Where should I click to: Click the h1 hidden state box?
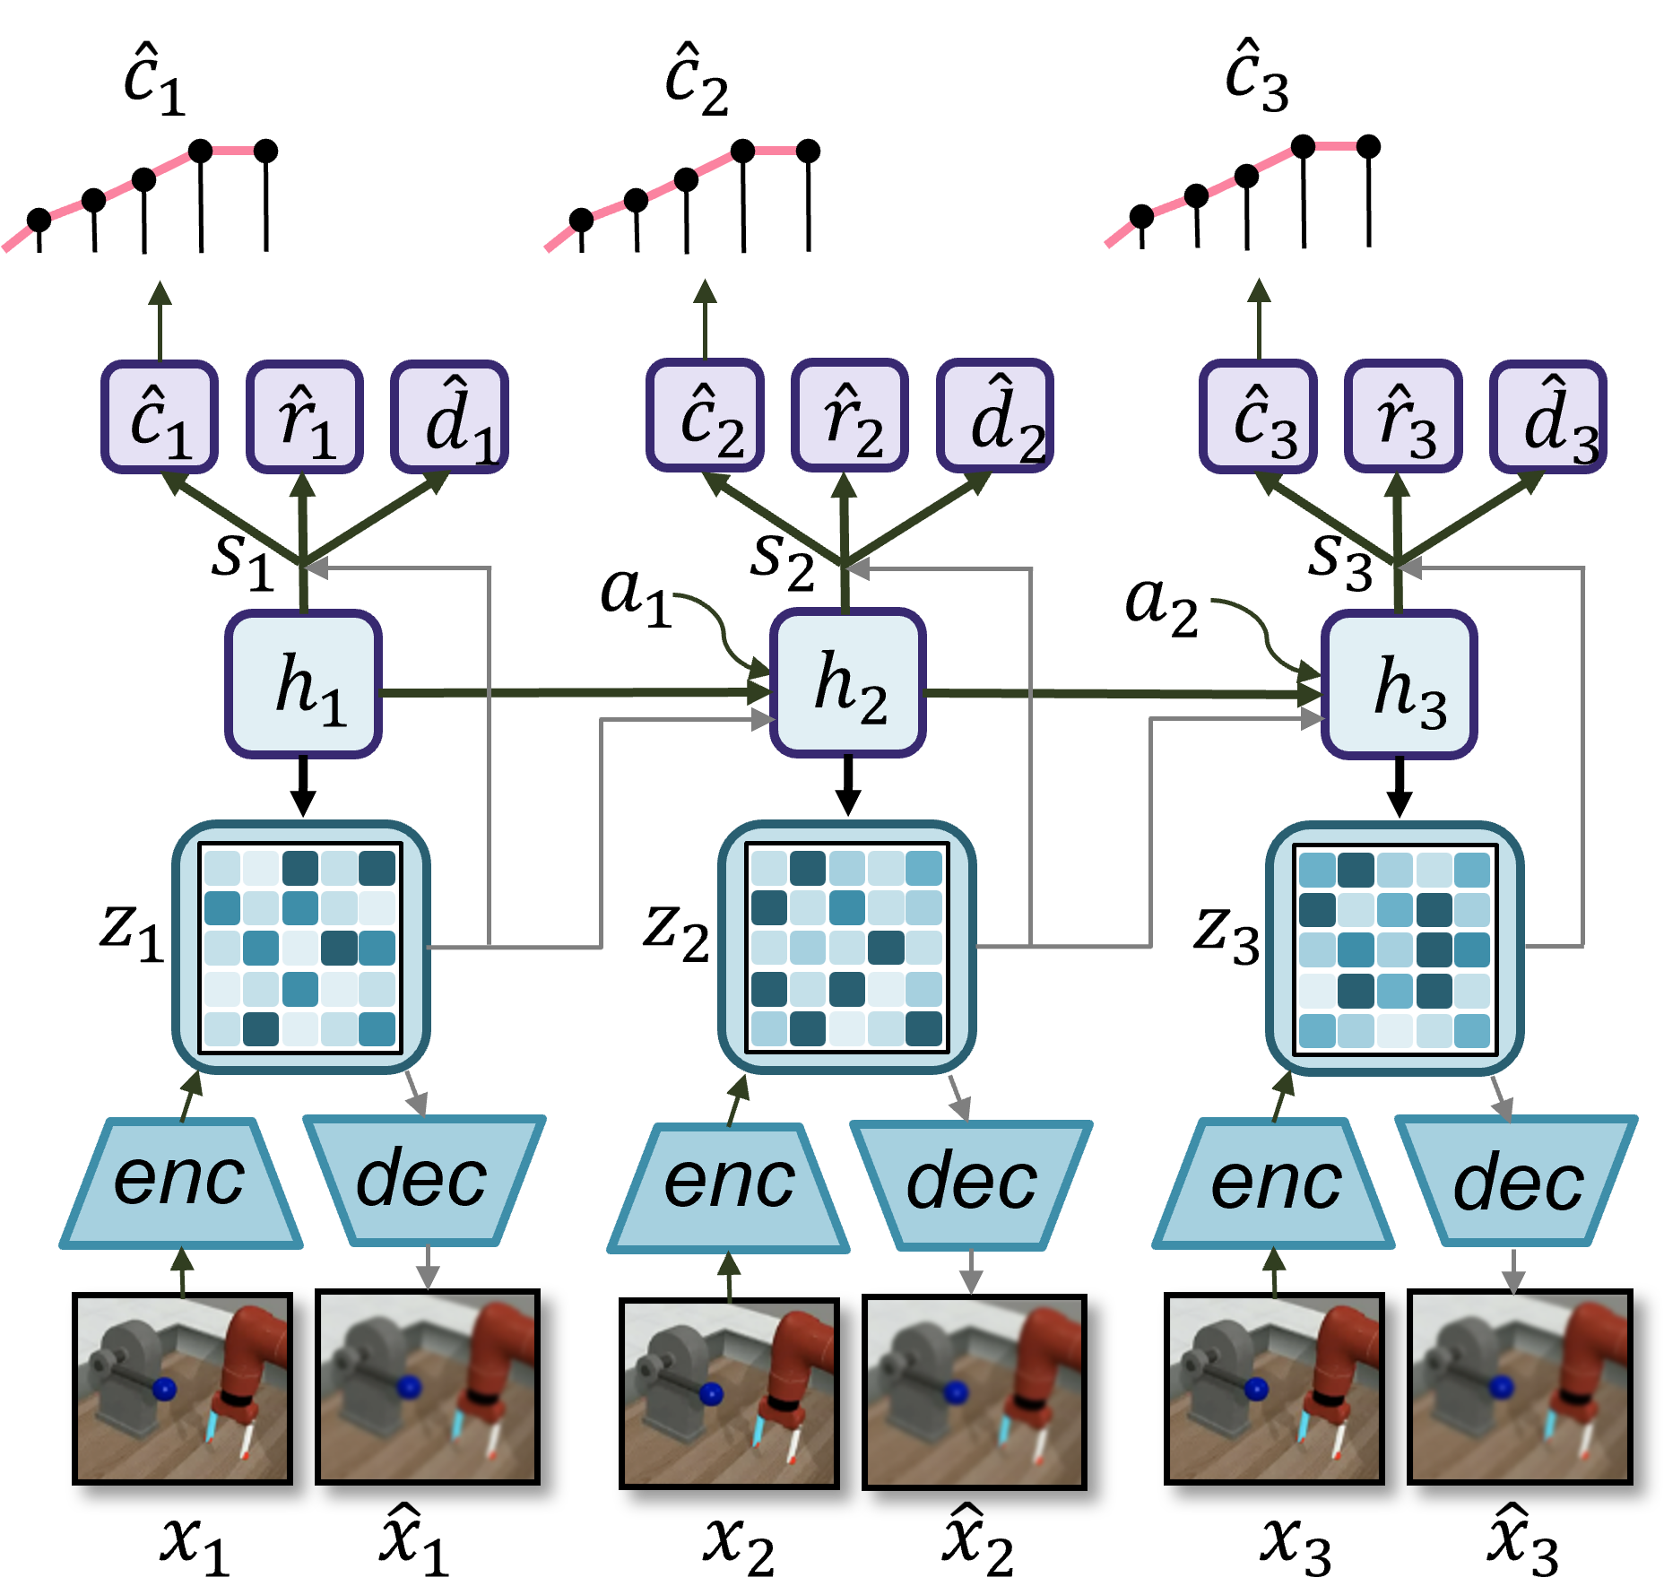coord(303,684)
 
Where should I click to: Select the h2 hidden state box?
coord(847,683)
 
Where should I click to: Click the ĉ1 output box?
coord(160,417)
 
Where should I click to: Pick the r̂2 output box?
coord(849,416)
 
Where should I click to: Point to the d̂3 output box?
coord(1548,417)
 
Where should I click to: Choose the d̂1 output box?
coord(450,417)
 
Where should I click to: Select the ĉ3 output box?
coord(1258,417)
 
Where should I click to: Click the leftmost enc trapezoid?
coord(181,1182)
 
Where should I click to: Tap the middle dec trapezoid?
coord(971,1183)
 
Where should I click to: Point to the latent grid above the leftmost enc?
coord(300,948)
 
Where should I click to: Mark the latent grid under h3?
coord(1394,949)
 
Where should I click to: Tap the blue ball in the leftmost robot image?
coord(164,1390)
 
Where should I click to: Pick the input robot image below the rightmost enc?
coord(1273,1388)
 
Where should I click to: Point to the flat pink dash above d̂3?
coord(1336,145)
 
